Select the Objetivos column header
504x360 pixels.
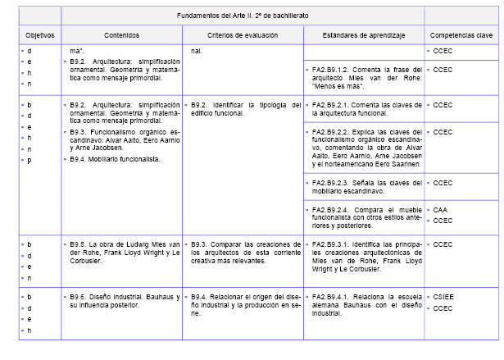39,36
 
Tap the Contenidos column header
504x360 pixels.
121,36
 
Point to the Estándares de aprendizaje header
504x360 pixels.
364,36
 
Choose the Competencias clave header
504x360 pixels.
462,36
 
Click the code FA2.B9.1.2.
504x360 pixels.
332,70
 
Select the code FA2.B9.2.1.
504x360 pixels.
332,105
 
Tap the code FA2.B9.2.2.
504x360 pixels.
332,131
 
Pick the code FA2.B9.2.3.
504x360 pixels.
332,182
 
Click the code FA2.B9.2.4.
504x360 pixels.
332,209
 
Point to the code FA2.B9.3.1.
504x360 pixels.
332,244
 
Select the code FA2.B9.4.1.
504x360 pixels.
332,296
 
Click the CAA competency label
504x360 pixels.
440,209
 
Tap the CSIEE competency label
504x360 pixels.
443,296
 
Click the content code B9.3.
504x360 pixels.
79,131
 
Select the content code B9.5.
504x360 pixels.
79,244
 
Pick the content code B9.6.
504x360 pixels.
79,296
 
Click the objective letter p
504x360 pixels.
30,161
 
